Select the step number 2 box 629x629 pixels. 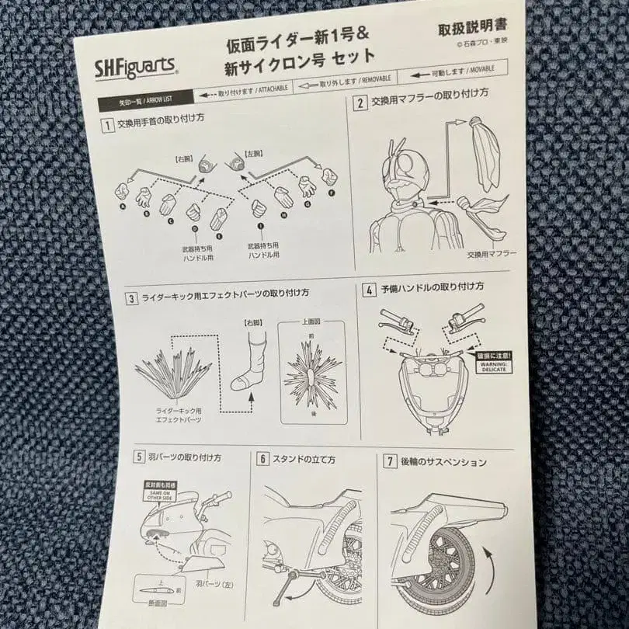pos(360,103)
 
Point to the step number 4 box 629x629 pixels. pos(370,289)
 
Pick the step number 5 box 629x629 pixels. pos(138,457)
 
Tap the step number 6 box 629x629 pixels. pos(263,459)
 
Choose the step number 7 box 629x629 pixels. pos(391,462)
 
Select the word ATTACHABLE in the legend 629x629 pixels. pos(268,89)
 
